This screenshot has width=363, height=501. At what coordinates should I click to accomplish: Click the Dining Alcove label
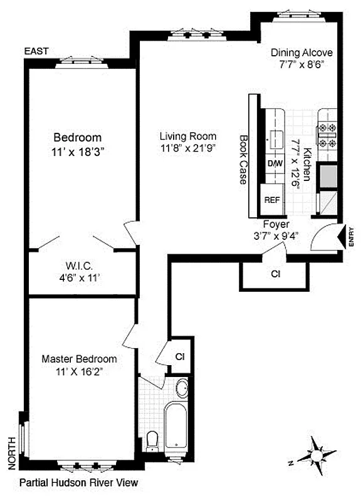pos(302,53)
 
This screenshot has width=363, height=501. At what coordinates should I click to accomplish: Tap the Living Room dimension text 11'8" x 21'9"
pos(187,148)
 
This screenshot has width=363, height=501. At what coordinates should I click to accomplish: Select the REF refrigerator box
pos(271,200)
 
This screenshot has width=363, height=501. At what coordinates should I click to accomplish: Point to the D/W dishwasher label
pos(275,163)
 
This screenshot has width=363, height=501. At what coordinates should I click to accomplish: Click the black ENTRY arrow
pos(342,237)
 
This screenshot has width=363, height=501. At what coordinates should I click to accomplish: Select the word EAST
pos(36,51)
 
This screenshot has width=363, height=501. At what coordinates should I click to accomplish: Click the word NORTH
pos(11,453)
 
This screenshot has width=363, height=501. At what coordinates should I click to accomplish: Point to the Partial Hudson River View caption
pos(78,483)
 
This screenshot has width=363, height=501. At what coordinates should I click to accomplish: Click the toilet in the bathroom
pos(152,440)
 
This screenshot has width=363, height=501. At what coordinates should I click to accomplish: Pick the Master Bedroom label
pos(79,359)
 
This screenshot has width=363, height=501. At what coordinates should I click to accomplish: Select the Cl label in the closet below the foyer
pos(275,274)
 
